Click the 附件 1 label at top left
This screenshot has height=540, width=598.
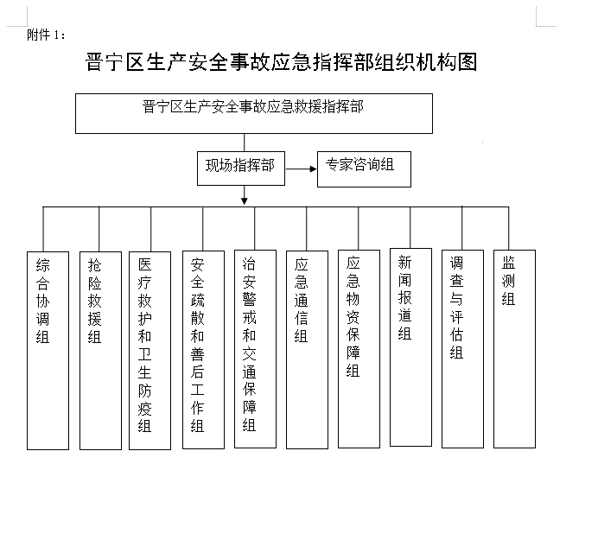tap(46, 35)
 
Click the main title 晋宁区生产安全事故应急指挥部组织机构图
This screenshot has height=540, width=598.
tap(281, 62)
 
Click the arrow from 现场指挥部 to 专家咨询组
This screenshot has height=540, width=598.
tap(302, 168)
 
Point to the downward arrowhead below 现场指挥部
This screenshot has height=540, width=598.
tap(245, 200)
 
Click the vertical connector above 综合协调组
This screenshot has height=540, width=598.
tap(43, 229)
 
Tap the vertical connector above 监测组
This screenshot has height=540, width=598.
tap(509, 228)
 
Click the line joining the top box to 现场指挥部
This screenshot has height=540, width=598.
tap(244, 143)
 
